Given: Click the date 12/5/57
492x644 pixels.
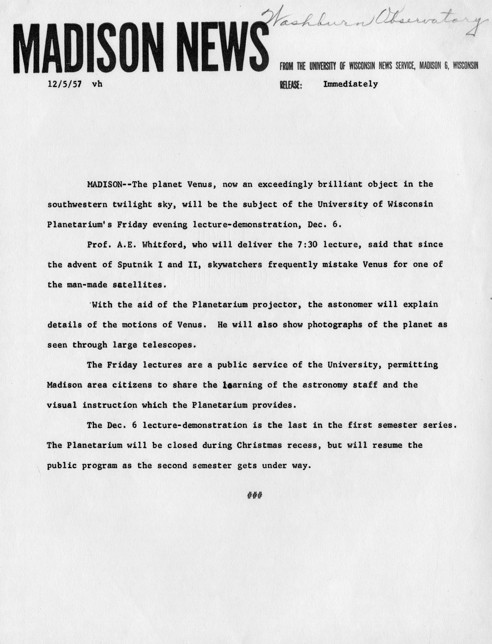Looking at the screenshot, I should click(x=65, y=84).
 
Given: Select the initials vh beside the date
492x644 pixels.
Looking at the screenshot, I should click(x=97, y=84).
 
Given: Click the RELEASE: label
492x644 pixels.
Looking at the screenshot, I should click(x=291, y=85).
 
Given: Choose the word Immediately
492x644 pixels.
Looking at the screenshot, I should click(x=350, y=84).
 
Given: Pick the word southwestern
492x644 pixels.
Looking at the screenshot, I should click(x=77, y=204).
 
